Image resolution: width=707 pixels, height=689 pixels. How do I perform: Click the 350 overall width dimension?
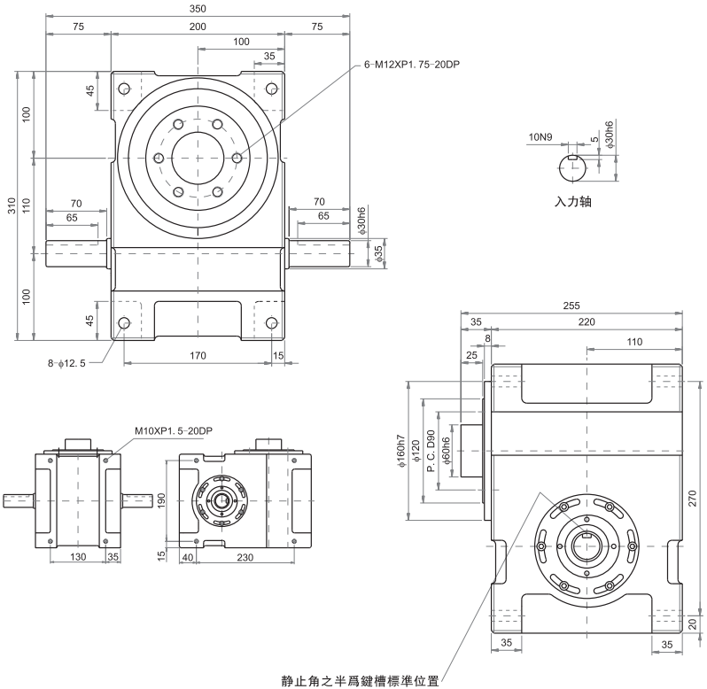coord(197,8)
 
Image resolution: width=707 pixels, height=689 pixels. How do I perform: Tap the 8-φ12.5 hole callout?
coord(74,363)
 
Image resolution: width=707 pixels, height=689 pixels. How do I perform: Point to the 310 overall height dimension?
coord(10,206)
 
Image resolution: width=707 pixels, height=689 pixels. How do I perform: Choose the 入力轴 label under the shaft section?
coord(572,201)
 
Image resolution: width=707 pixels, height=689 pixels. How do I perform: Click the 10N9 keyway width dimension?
coord(540,137)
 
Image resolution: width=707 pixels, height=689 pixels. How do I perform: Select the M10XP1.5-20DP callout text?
coord(174,430)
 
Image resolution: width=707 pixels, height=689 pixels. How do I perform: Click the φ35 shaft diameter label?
coord(378,253)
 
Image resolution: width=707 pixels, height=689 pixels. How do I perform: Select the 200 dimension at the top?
coord(197,27)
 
